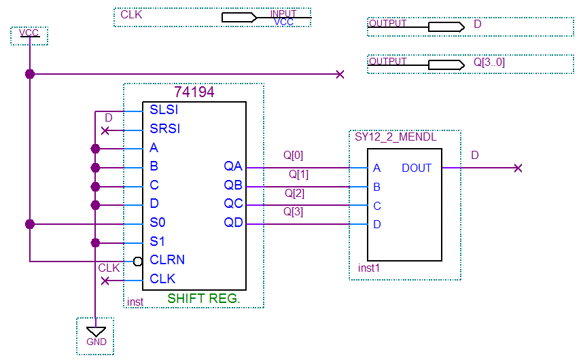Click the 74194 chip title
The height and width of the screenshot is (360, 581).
pyautogui.click(x=194, y=92)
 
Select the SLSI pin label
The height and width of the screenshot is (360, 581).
pyautogui.click(x=164, y=110)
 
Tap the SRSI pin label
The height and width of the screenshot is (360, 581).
pyautogui.click(x=165, y=129)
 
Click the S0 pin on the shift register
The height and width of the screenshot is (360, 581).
pyautogui.click(x=158, y=223)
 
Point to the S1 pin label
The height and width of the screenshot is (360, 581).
pyautogui.click(x=157, y=242)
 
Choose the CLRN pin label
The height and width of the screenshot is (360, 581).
pyautogui.click(x=167, y=260)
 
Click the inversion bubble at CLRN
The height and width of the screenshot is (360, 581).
pyautogui.click(x=137, y=261)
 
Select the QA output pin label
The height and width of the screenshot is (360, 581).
pyautogui.click(x=233, y=166)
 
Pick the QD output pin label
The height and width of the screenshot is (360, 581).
pyautogui.click(x=233, y=223)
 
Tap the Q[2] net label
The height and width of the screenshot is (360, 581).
pyautogui.click(x=294, y=194)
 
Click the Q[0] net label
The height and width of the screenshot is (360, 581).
pyautogui.click(x=294, y=156)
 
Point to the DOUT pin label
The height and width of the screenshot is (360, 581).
pyautogui.click(x=417, y=168)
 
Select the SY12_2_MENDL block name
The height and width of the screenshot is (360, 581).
pyautogui.click(x=395, y=137)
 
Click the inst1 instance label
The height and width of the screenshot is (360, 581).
pyautogui.click(x=369, y=268)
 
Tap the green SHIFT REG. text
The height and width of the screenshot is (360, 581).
pyautogui.click(x=204, y=298)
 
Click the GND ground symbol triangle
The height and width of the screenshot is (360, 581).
pyautogui.click(x=96, y=331)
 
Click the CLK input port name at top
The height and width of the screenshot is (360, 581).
pyautogui.click(x=131, y=14)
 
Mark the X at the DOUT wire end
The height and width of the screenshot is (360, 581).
pyautogui.click(x=518, y=168)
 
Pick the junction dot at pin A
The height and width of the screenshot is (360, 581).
pyautogui.click(x=96, y=148)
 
